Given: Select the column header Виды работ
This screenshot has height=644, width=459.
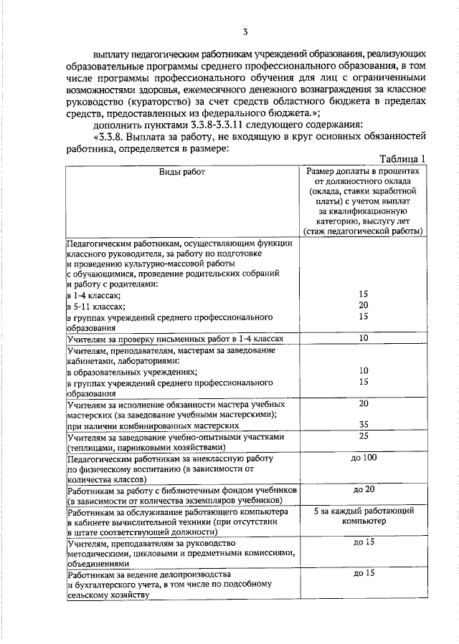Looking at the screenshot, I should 182,172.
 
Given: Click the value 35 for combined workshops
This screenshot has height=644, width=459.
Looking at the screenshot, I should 363,423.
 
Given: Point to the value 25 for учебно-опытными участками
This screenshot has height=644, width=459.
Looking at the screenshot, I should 363,436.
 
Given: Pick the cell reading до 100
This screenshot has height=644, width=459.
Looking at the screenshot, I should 364,458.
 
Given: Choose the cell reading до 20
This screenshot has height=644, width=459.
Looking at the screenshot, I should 364,489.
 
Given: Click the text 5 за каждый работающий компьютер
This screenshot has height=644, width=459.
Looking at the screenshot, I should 364,517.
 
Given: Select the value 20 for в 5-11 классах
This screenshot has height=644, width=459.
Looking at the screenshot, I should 363,305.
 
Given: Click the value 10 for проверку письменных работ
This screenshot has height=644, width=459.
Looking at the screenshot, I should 363,337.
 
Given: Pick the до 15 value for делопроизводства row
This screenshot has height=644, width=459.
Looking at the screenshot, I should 364,574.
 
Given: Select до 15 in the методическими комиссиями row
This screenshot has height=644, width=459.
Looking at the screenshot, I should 364,542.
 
